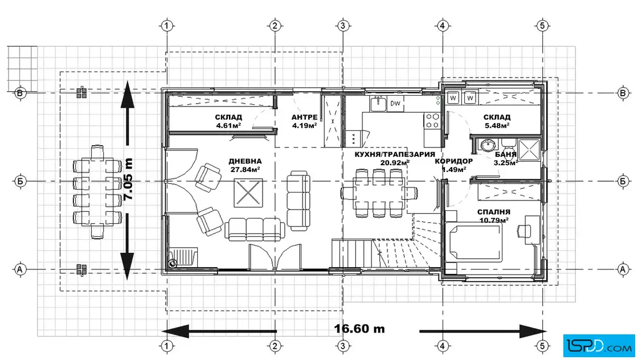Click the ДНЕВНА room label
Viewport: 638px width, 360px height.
245,161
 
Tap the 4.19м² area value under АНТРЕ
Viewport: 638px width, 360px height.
304,126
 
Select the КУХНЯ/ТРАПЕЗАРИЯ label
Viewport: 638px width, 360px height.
395,154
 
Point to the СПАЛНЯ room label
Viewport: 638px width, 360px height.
493,212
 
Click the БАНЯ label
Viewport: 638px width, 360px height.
506,154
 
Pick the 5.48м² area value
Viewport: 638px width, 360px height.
497,126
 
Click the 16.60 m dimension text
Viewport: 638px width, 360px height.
359,329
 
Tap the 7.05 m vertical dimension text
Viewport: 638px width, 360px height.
128,179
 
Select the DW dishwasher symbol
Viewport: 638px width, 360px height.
395,104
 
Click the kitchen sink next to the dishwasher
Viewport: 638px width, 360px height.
378,103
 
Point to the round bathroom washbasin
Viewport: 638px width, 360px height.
487,145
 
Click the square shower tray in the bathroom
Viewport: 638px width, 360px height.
529,150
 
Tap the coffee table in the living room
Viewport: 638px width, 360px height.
248,193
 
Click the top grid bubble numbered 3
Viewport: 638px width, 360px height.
342,26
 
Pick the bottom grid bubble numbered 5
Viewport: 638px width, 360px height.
542,346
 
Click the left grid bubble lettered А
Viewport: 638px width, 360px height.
20,269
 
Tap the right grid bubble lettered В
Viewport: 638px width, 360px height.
623,93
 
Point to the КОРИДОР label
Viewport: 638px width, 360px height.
453,161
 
